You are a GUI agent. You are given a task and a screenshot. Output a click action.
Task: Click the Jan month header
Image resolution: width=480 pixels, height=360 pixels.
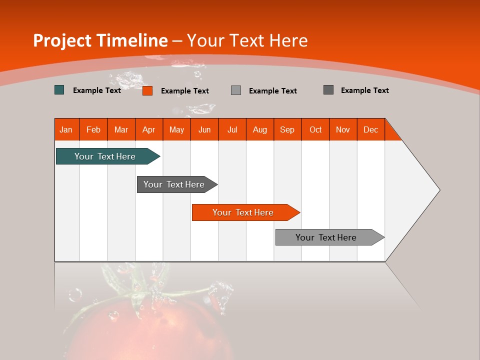tap(66, 129)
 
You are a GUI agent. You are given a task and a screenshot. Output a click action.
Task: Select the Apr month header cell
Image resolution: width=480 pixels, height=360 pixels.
tap(149, 129)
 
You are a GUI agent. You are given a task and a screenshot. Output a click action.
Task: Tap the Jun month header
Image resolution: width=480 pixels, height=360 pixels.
tap(204, 129)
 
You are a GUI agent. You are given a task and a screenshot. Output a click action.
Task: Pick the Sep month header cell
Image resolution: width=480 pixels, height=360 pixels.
tap(287, 129)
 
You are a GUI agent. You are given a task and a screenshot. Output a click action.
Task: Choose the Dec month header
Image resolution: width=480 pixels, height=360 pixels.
tap(370, 129)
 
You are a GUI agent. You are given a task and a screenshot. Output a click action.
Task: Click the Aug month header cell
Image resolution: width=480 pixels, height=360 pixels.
tap(260, 129)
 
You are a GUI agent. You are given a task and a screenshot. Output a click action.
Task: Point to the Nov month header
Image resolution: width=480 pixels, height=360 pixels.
tap(343, 129)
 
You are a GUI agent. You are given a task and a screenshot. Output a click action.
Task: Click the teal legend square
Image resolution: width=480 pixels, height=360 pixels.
tap(59, 90)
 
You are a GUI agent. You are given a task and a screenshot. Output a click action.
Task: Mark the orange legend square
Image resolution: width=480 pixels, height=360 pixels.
tap(147, 90)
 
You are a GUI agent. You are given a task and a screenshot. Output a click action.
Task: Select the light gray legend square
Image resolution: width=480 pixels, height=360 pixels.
tap(236, 90)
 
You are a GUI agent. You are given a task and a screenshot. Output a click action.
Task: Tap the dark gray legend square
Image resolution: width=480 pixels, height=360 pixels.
tap(328, 90)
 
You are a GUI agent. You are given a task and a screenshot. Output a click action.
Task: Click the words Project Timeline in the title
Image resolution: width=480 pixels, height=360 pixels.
tap(100, 40)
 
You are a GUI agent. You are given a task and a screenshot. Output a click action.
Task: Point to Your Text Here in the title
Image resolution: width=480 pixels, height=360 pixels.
tap(247, 40)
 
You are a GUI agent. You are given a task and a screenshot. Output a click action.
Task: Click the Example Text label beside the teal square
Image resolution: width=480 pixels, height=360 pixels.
tap(97, 90)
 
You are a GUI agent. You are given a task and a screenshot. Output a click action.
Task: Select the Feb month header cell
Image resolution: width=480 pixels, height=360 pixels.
tap(93, 129)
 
